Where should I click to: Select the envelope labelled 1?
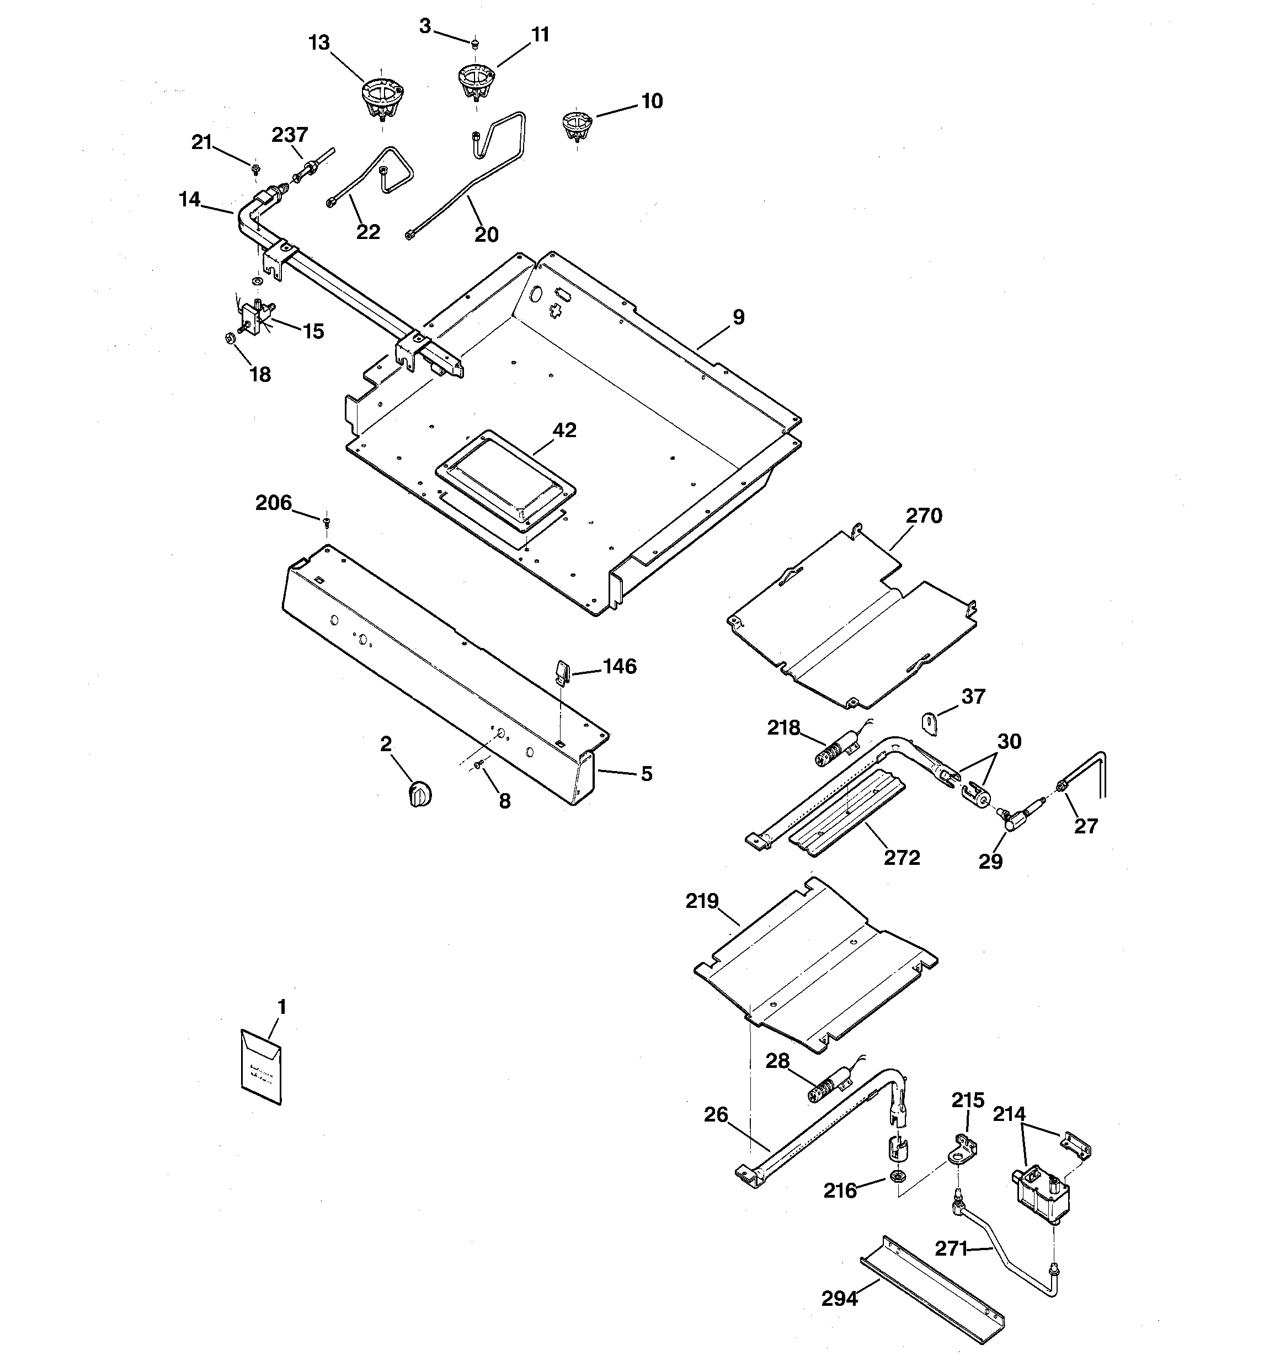(x=261, y=1067)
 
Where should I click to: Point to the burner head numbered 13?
(x=382, y=98)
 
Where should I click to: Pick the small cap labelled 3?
(x=474, y=44)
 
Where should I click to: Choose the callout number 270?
(x=924, y=515)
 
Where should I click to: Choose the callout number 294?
(x=839, y=1299)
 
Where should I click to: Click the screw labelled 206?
(x=327, y=523)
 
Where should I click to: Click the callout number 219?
(x=701, y=901)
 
